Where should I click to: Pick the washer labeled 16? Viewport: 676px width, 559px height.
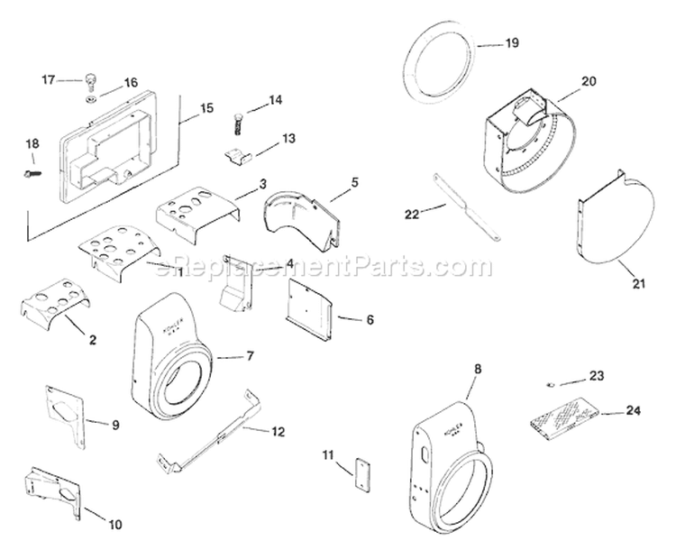(x=94, y=95)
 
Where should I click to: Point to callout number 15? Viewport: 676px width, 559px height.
(x=206, y=108)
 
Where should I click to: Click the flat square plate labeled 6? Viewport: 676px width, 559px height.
(x=309, y=305)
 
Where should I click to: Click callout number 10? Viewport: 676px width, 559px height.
(x=117, y=524)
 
